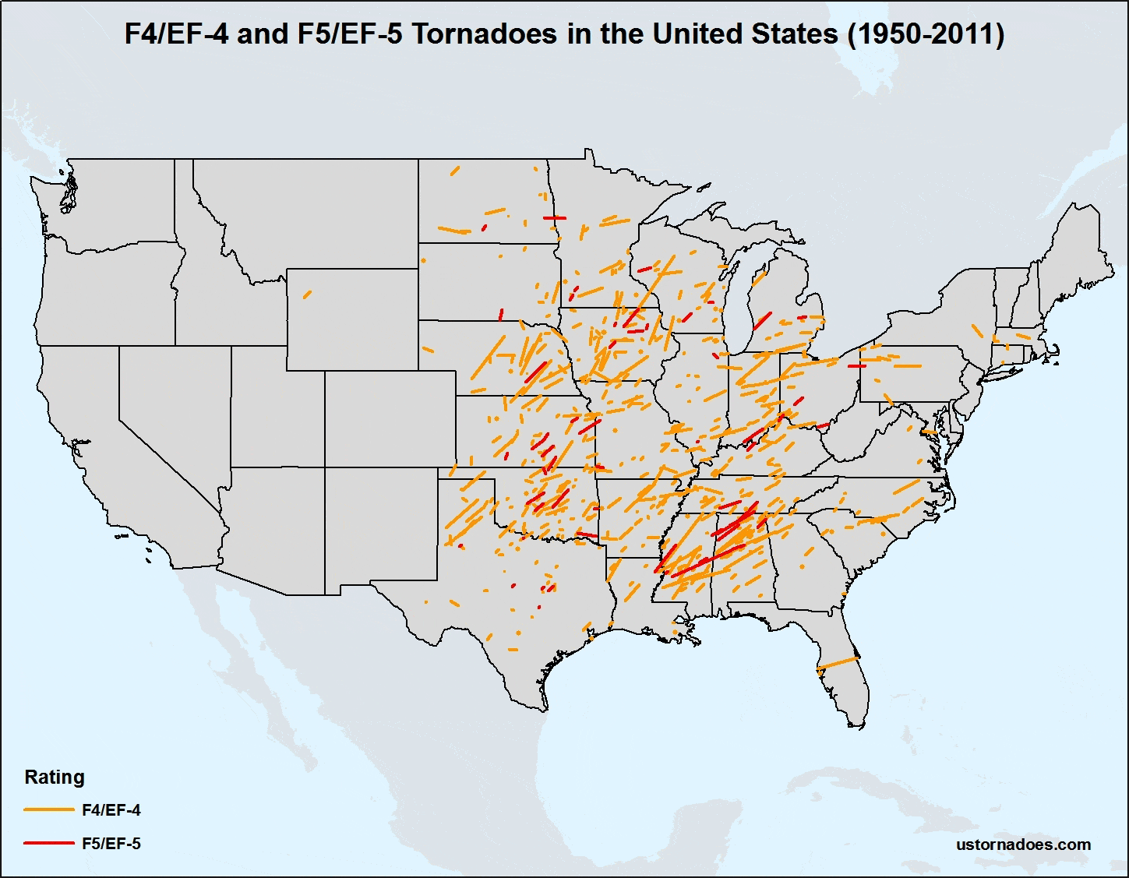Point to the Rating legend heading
pos(55,777)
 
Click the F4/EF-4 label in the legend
pos(111,810)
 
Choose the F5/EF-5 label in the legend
pos(111,844)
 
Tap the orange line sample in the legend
pos(48,810)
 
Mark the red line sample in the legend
pos(48,843)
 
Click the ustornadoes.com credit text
pos(1023,845)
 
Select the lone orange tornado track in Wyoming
pos(307,294)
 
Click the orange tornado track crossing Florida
pos(838,663)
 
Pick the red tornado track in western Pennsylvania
pos(856,365)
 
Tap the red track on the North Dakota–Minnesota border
pos(554,217)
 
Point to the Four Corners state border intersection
pos(324,467)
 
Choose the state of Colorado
pos(390,418)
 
